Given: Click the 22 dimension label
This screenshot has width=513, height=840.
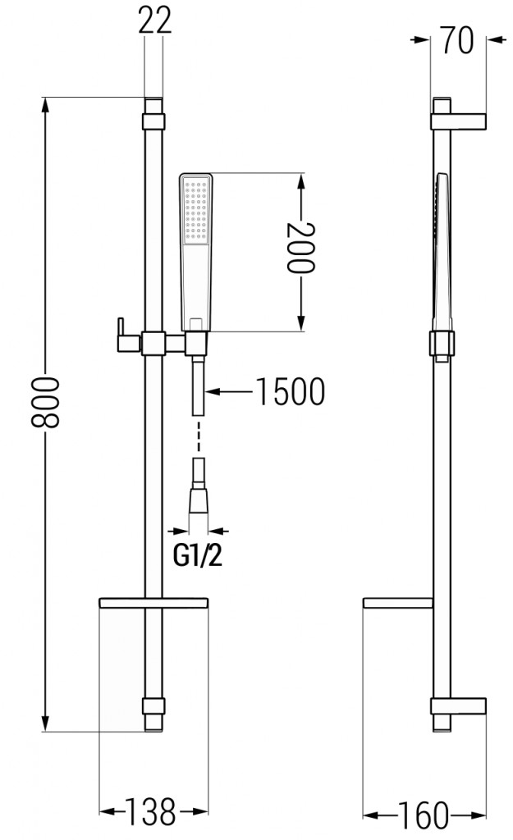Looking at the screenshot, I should coord(154,21).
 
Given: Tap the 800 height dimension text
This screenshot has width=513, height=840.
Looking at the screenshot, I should coord(49,403).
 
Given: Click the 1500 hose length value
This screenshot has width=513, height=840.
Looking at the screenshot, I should coord(287,393).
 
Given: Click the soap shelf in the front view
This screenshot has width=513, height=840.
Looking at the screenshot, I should coord(154,603).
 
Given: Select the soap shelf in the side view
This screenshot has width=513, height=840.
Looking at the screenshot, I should coord(396,604).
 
